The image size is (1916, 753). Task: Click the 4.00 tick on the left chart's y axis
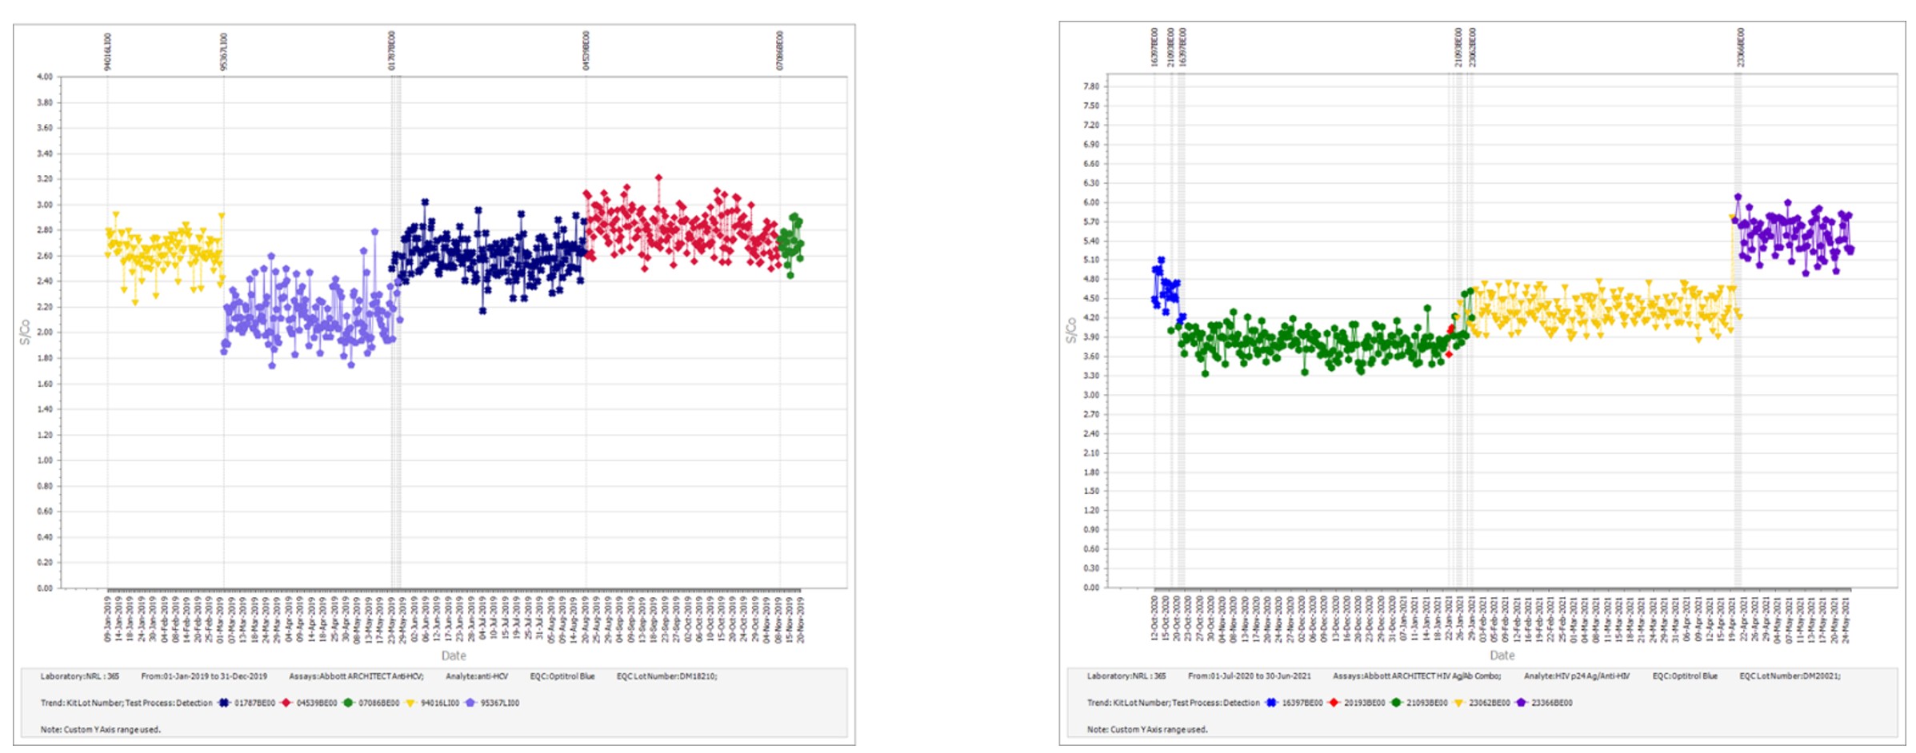(x=44, y=77)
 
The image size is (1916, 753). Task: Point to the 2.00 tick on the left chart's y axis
(x=44, y=333)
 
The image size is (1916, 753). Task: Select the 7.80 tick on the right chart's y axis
(x=1090, y=86)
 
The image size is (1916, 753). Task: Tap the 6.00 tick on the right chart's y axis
(x=1090, y=202)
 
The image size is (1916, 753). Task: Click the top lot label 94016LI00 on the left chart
(x=108, y=52)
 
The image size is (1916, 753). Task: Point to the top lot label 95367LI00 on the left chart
(x=224, y=52)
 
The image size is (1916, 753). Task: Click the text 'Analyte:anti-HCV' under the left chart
(x=477, y=676)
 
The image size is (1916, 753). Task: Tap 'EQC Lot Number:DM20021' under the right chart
(x=1789, y=676)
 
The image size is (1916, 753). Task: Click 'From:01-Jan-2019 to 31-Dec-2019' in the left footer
(x=204, y=676)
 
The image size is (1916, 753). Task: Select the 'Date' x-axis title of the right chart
(x=1502, y=655)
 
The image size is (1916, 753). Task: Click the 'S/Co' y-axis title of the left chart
(x=25, y=332)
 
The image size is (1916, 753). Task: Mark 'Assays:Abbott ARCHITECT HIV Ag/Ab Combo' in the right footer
(x=1416, y=676)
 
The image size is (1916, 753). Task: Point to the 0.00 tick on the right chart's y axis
(x=1090, y=588)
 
